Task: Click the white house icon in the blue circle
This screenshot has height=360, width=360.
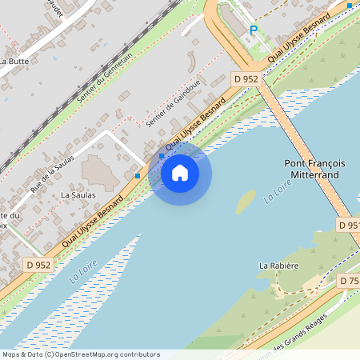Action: (x=180, y=172)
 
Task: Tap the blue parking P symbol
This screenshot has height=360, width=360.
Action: (x=254, y=30)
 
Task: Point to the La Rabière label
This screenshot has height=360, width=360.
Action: (x=278, y=265)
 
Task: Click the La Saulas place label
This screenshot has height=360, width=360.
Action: (x=78, y=194)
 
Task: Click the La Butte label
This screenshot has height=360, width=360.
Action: (x=14, y=60)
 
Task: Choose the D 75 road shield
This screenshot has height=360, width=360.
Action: (x=348, y=281)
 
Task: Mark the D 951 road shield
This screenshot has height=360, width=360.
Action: (x=348, y=226)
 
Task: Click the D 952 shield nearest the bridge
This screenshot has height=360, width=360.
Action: (x=246, y=78)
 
